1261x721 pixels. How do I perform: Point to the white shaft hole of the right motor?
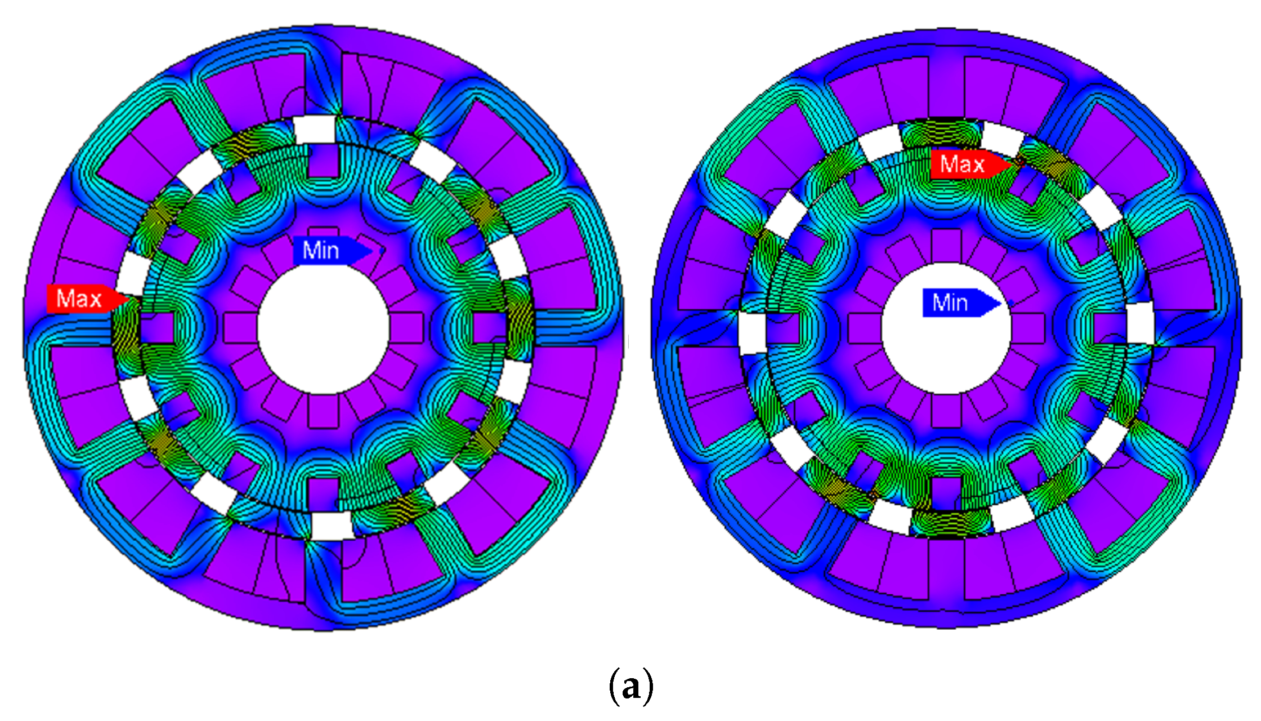coord(946,328)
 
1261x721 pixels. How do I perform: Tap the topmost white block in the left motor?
coord(315,130)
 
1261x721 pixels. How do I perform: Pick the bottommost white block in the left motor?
coord(332,526)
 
